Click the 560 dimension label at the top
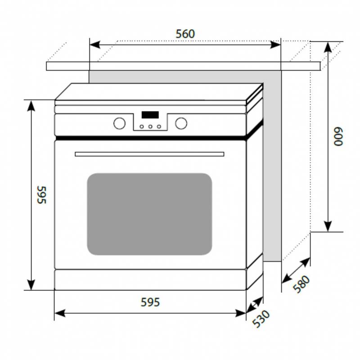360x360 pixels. [x=185, y=34]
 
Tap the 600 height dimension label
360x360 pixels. [x=338, y=136]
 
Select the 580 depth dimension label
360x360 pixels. [x=301, y=284]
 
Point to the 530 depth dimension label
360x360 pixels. [x=261, y=318]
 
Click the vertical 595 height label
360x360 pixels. [x=42, y=195]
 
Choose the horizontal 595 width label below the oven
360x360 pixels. [x=150, y=302]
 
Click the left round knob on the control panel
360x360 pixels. [x=119, y=123]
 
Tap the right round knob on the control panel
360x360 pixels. [x=181, y=123]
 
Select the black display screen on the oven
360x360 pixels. [x=150, y=115]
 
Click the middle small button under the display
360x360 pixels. [x=150, y=126]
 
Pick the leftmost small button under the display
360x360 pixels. [x=142, y=126]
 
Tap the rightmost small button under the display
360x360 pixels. [x=159, y=126]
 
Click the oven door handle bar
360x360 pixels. [x=149, y=154]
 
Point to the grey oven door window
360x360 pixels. [x=149, y=214]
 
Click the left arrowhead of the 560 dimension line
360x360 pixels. [x=94, y=45]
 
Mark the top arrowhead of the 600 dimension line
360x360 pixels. [x=328, y=47]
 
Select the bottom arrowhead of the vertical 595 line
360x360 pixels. [x=31, y=285]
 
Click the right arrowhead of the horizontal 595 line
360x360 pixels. [x=241, y=313]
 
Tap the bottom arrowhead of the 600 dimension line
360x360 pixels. [x=328, y=226]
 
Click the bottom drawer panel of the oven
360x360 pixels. [x=150, y=280]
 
